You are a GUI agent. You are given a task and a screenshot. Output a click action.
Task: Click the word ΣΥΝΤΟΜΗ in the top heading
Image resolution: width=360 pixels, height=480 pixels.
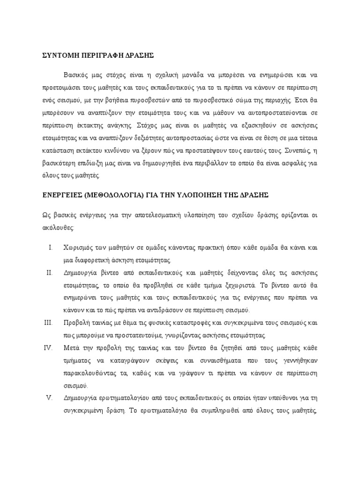pos(59,55)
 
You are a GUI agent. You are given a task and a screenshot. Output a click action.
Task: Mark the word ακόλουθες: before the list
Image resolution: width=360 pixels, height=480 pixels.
pos(54,227)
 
